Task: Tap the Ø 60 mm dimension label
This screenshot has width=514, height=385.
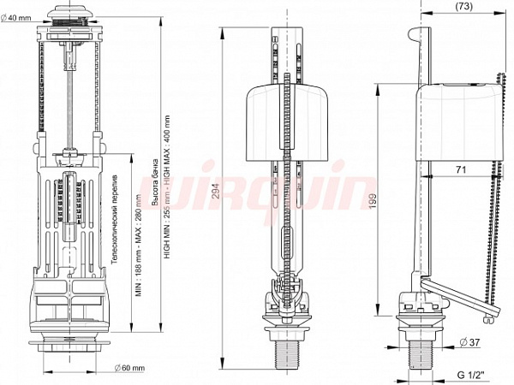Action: pyautogui.click(x=129, y=368)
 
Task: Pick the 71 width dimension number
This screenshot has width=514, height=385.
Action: pyautogui.click(x=461, y=171)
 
